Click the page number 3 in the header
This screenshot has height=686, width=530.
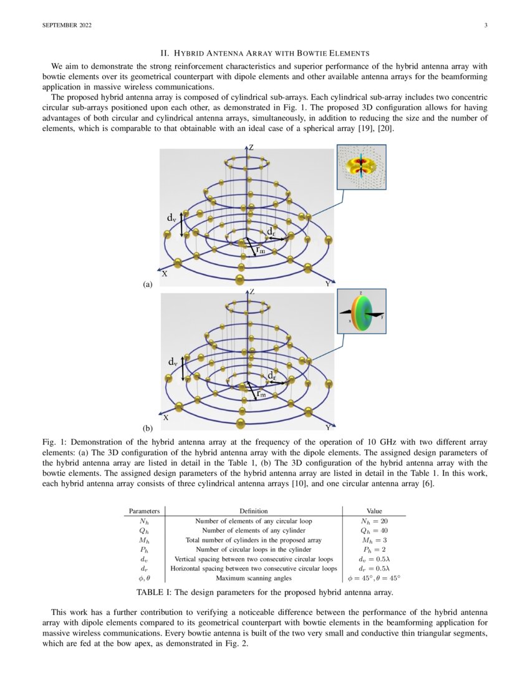484,25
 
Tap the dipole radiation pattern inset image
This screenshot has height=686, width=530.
361,167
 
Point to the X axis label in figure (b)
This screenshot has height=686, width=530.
165,418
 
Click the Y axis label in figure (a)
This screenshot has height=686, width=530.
327,284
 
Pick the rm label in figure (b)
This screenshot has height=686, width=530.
262,394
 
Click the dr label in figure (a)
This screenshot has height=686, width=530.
271,232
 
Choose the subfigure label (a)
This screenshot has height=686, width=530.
148,284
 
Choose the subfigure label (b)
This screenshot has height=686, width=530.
148,428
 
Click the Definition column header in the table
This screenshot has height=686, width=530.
253,511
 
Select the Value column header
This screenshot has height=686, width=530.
374,511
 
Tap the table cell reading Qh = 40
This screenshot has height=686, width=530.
374,530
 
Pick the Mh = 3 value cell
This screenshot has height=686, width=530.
374,539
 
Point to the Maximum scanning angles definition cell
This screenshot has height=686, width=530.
253,577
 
